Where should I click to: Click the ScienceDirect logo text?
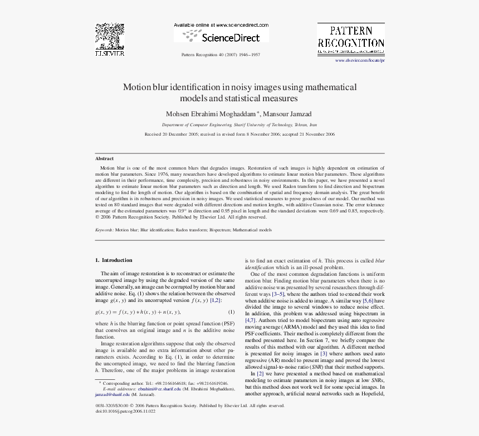pyautogui.click(x=229, y=38)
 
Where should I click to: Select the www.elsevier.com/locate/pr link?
pyautogui.click(x=360, y=60)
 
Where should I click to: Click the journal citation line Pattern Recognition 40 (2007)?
pyautogui.click(x=221, y=54)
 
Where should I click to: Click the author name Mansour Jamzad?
pyautogui.click(x=287, y=114)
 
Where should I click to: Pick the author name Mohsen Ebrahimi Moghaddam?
pyautogui.click(x=210, y=114)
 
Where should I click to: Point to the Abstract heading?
pyautogui.click(x=104, y=158)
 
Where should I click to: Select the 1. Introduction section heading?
pyautogui.click(x=114, y=260)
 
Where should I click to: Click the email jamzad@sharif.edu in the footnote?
pyautogui.click(x=111, y=394)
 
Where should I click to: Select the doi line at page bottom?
pyautogui.click(x=126, y=411)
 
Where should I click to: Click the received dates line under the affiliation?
pyautogui.click(x=239, y=134)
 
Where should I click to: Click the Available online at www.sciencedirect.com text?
pyautogui.click(x=221, y=25)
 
